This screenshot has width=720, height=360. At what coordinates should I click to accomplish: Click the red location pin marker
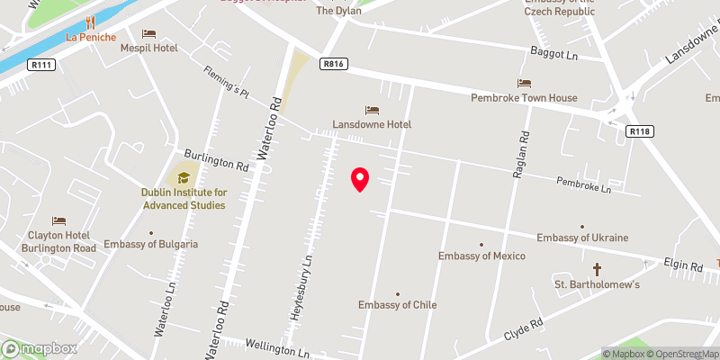pos(360,179)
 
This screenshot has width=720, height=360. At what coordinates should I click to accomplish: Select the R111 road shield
pos(40,65)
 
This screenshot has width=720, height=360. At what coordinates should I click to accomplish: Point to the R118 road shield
pos(639,131)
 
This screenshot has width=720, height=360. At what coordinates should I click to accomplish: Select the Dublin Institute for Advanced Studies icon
pos(184,177)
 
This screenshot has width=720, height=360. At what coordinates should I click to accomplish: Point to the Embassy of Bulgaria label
pos(151,244)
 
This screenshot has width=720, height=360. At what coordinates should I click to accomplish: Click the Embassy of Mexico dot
pos(481,244)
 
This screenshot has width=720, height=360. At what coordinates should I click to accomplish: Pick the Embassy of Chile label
pos(398,305)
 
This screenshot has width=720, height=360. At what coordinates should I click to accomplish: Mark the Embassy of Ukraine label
pos(582,238)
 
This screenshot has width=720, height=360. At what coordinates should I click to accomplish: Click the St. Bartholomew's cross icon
pos(597,269)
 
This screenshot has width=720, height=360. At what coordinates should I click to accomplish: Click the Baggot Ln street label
pos(553,53)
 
